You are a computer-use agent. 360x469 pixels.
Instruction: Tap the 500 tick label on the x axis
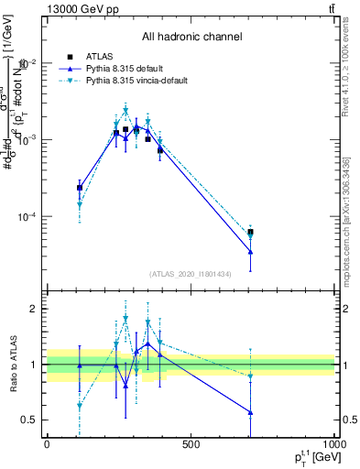[x=191, y=444]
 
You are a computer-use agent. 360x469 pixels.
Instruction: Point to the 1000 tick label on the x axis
[x=332, y=444]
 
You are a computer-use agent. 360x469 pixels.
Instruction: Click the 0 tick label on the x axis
[x=47, y=444]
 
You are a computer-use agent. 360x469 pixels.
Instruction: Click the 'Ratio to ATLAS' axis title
[x=13, y=364]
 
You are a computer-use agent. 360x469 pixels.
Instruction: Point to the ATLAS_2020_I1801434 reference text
[x=191, y=274]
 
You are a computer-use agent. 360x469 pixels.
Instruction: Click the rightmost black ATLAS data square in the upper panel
[x=251, y=233]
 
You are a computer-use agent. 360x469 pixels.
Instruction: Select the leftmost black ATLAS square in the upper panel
[x=80, y=188]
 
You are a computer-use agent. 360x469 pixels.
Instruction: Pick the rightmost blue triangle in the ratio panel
[x=251, y=412]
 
